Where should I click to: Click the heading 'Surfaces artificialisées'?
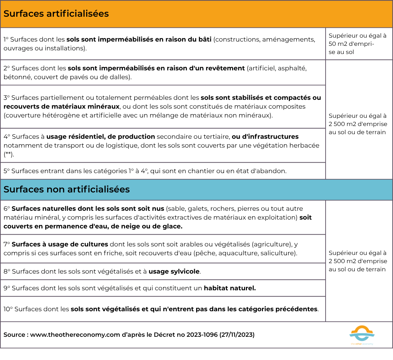(56, 14)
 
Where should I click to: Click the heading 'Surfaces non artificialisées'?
(66, 189)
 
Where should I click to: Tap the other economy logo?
(362, 335)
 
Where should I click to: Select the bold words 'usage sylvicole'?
(174, 272)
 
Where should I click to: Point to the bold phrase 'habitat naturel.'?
(230, 288)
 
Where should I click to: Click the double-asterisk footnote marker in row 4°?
(9, 154)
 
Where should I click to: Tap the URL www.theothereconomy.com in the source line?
(75, 335)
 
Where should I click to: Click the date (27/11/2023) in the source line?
(237, 335)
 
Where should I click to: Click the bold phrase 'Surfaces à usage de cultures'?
(60, 244)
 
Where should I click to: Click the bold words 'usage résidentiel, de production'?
(101, 137)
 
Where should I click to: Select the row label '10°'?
(8, 309)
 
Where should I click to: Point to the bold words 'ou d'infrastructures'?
(265, 137)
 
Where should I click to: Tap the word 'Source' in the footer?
(14, 335)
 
